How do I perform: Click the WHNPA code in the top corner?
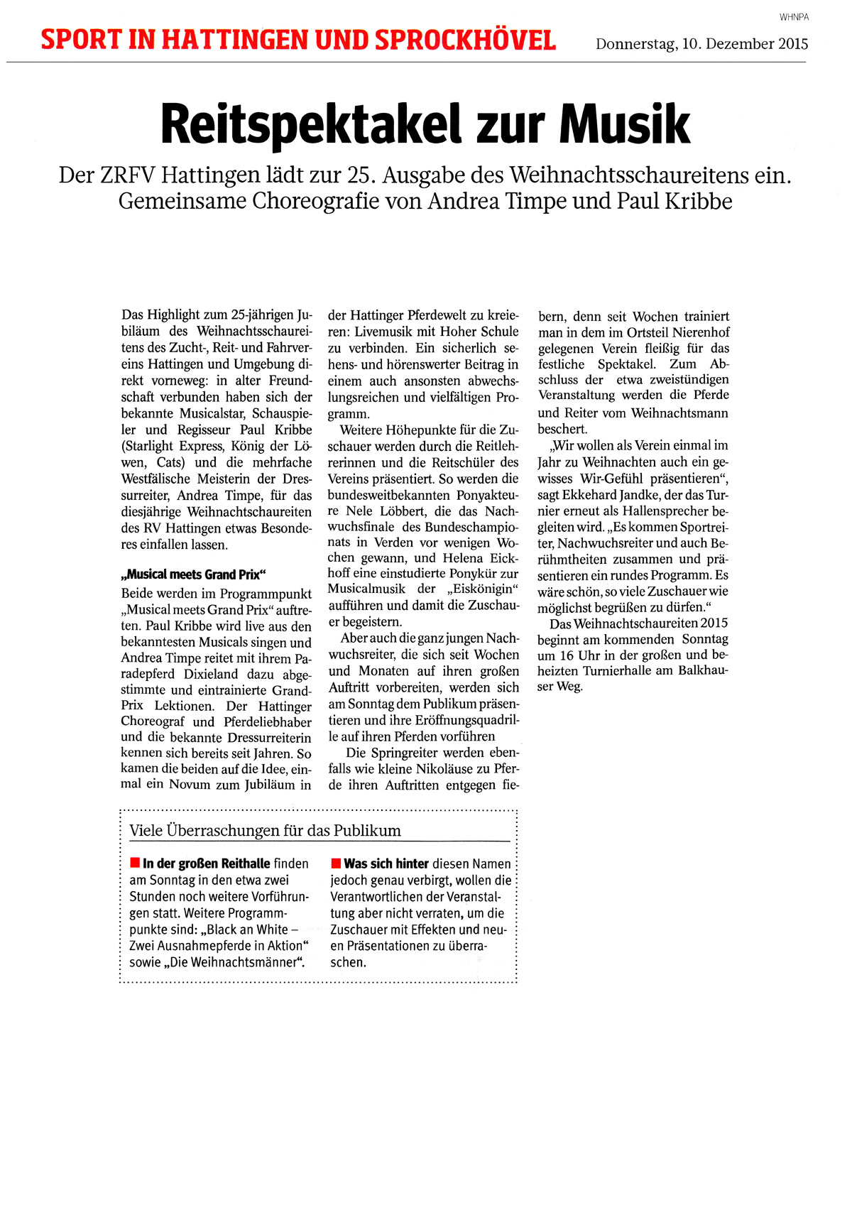pos(794,17)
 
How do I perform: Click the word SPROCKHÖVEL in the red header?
pos(465,40)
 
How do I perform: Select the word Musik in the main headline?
pos(624,125)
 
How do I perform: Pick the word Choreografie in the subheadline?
pos(316,202)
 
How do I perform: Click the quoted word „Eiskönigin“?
pos(484,589)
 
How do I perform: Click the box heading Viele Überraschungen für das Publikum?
pos(265,831)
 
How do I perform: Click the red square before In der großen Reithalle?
pos(134,863)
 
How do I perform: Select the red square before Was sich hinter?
pos(336,863)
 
